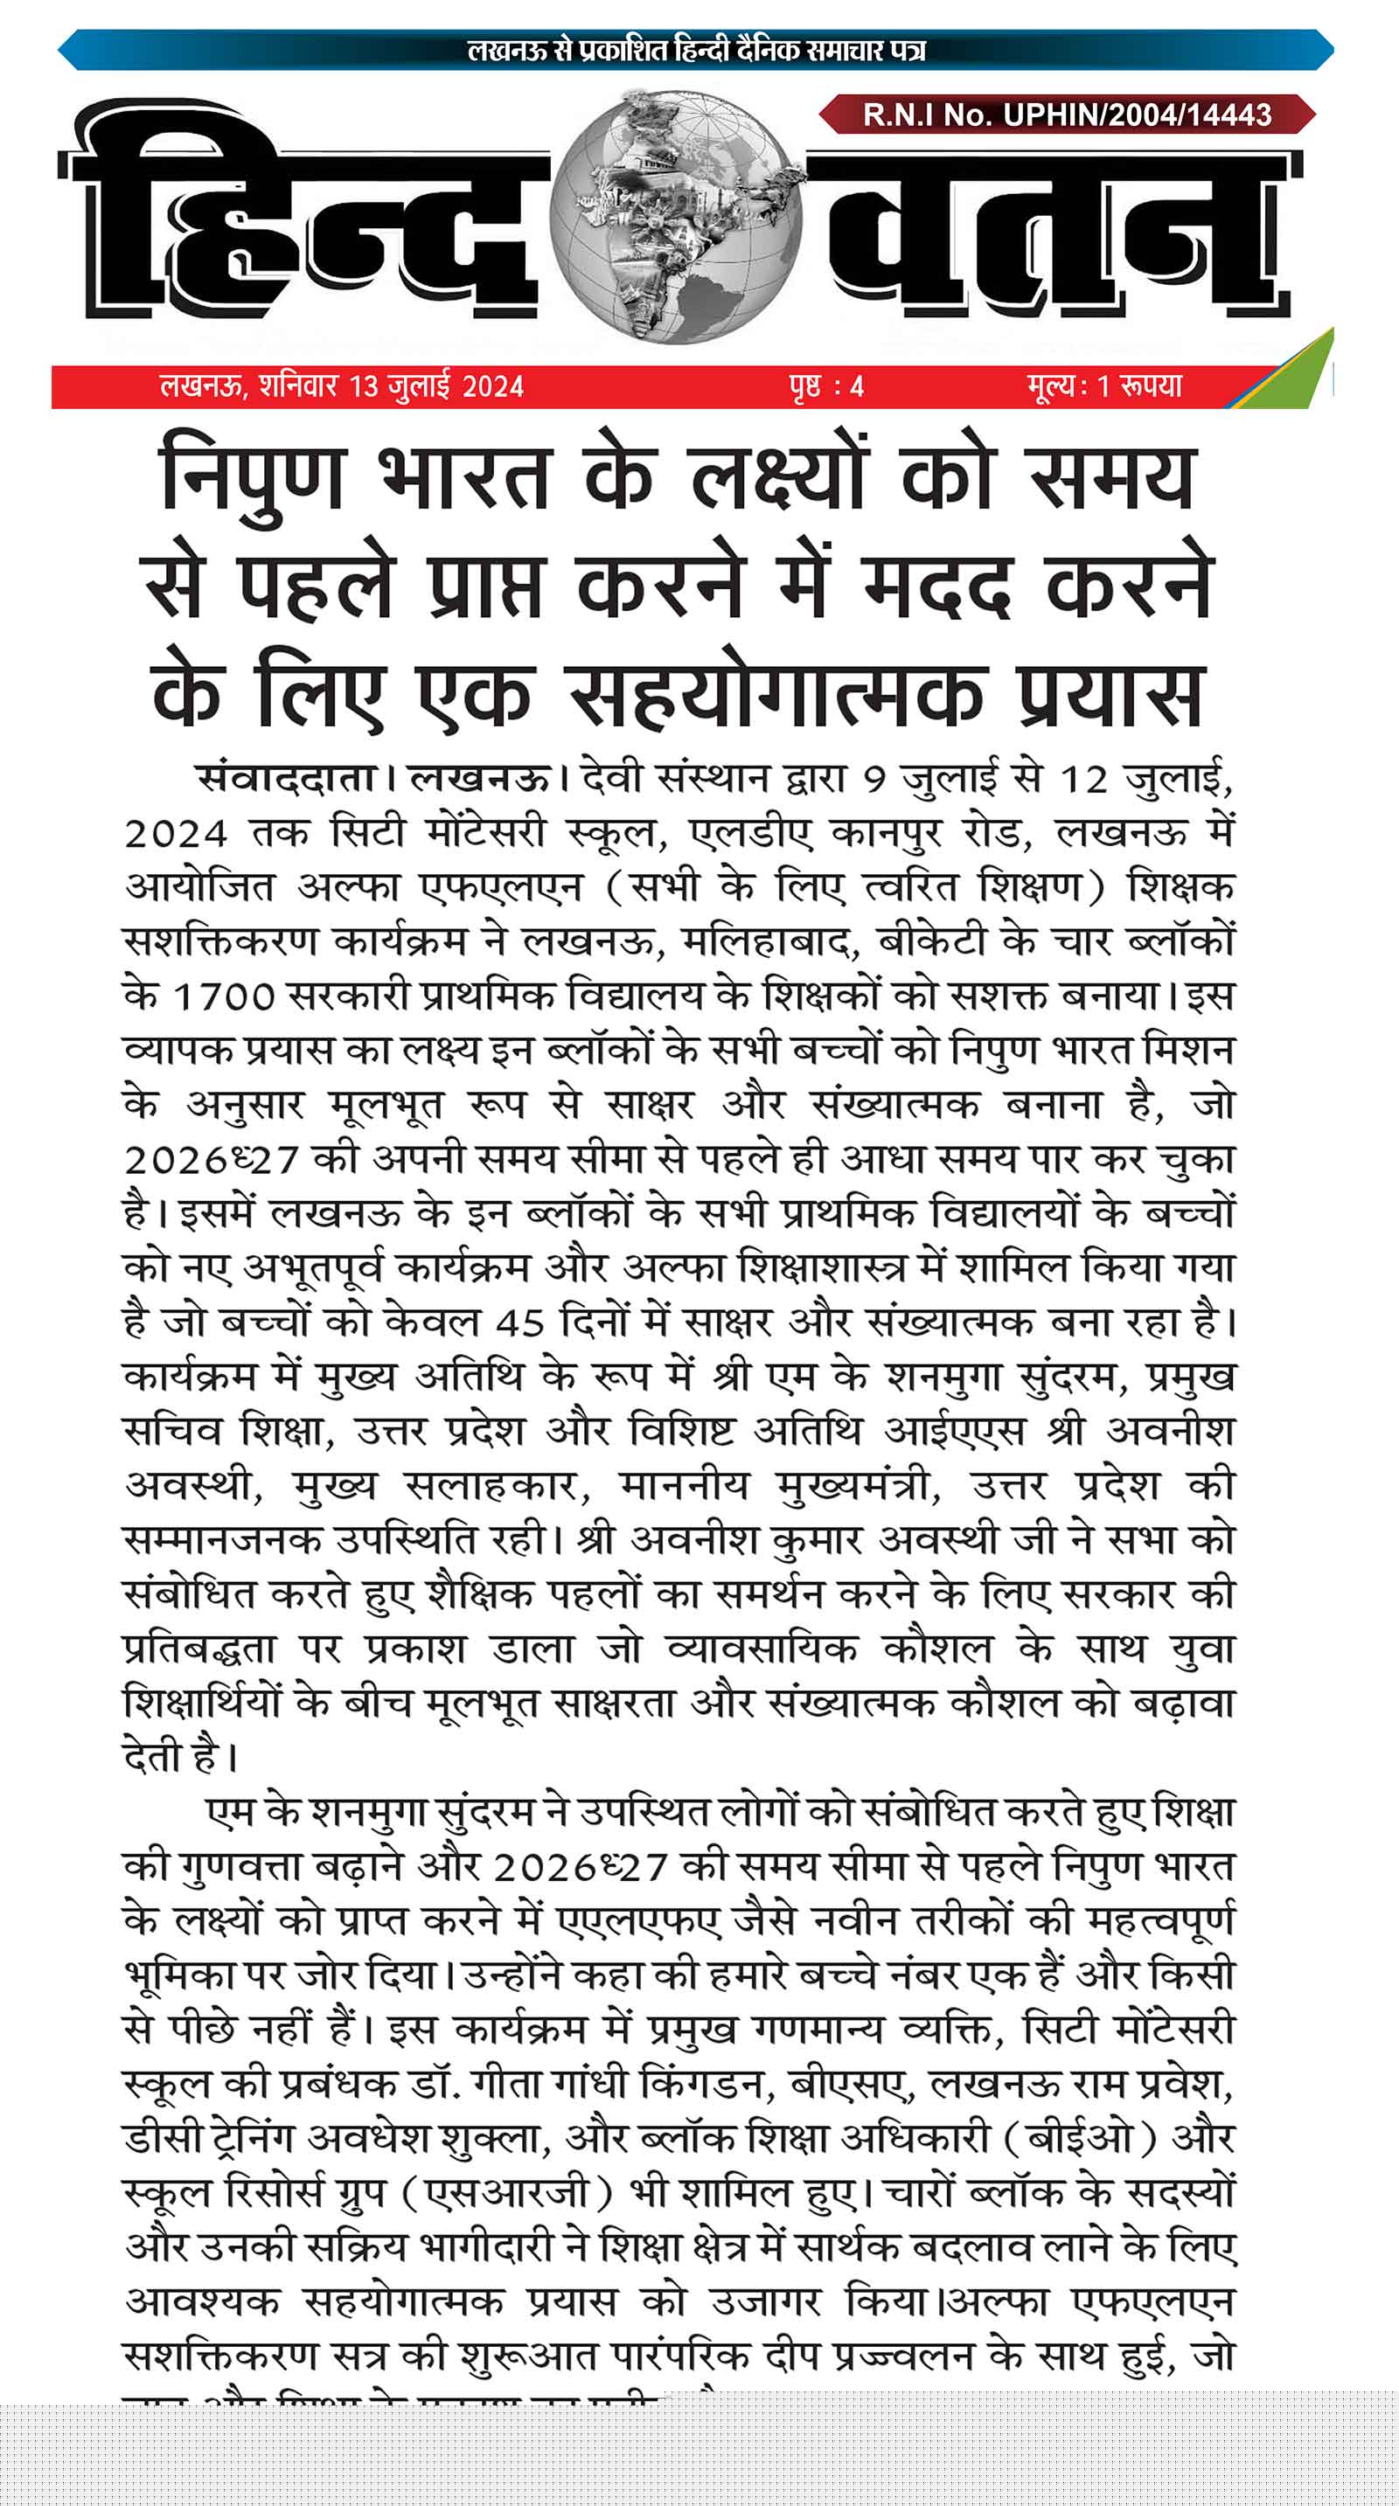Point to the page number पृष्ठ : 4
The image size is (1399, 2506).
point(826,387)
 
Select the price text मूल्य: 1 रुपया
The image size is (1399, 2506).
point(1104,386)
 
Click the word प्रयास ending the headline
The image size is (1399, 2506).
point(1109,695)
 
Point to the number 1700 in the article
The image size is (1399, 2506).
point(224,997)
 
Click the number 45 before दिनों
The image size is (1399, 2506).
point(519,1323)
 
